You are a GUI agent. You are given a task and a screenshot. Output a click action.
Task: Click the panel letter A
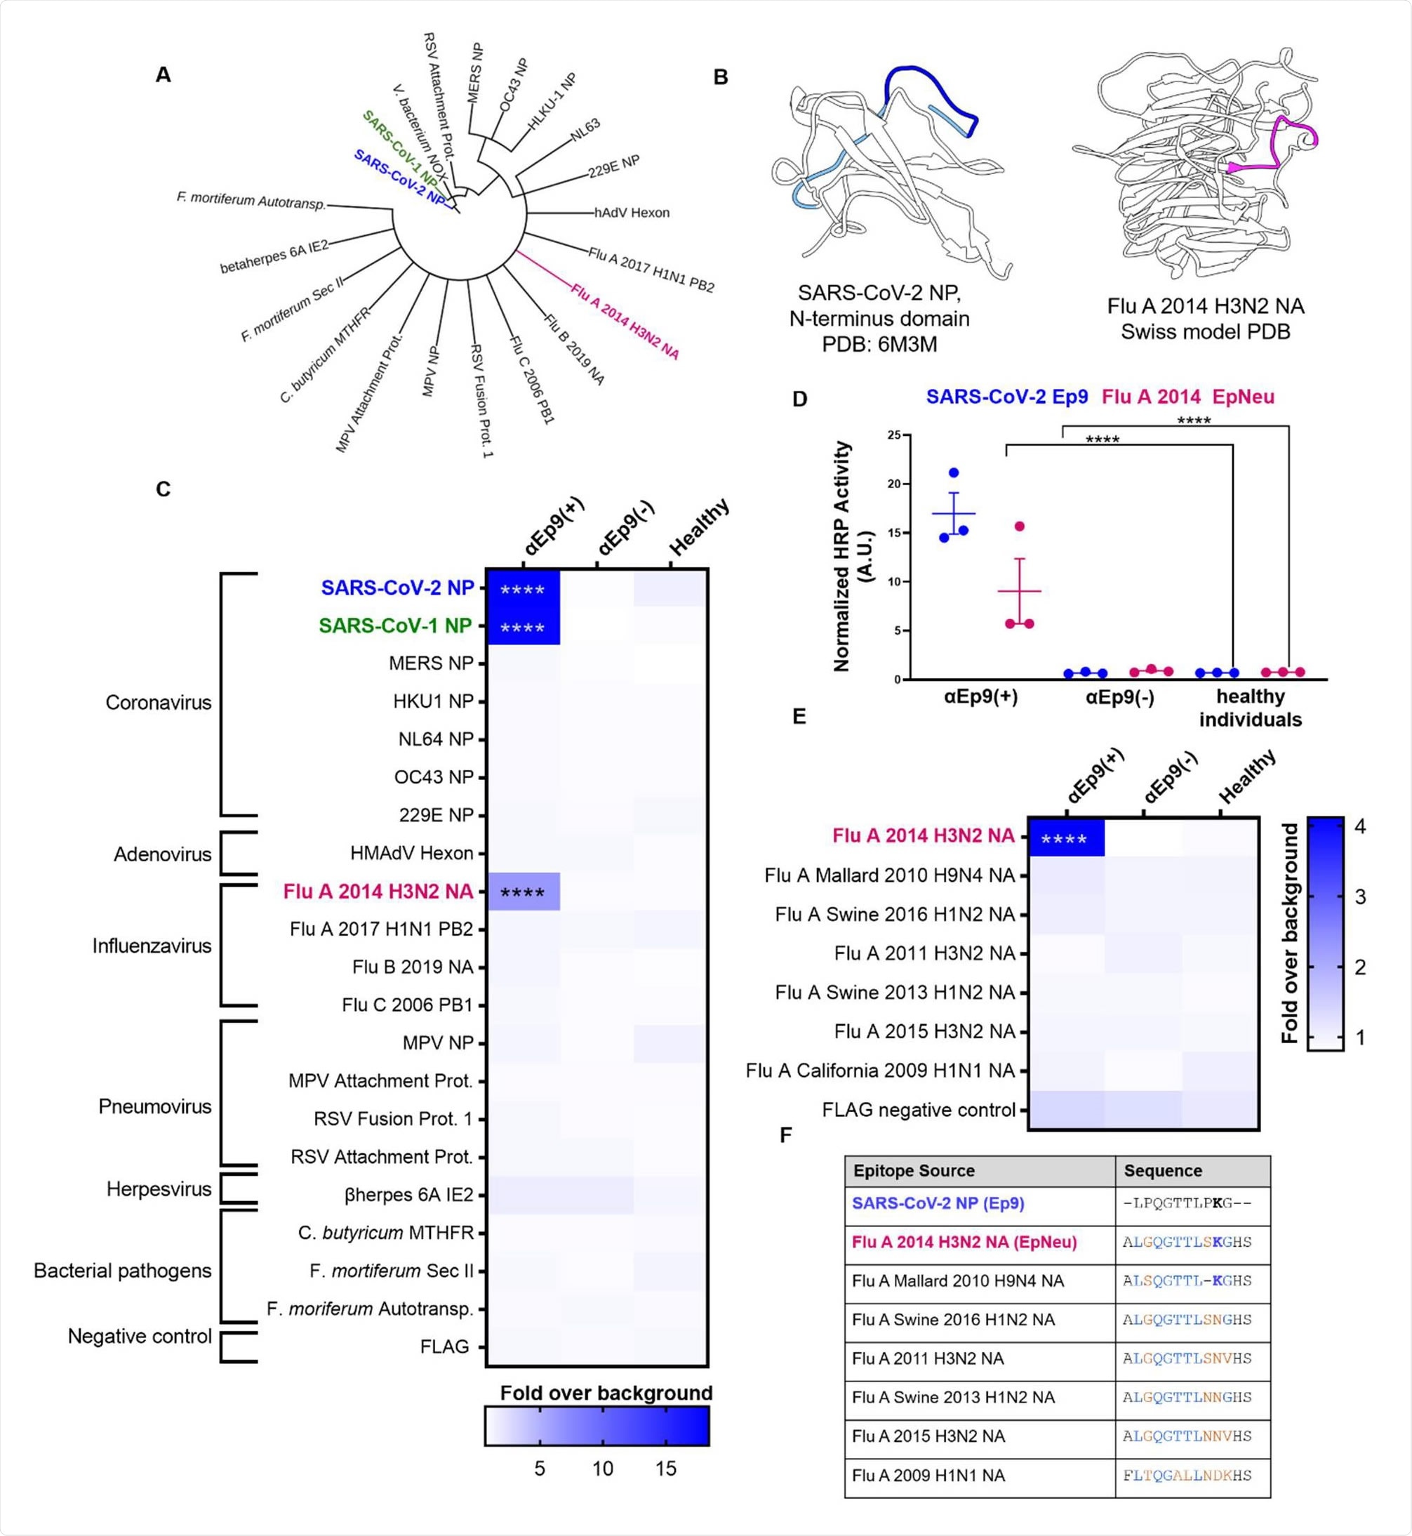point(163,75)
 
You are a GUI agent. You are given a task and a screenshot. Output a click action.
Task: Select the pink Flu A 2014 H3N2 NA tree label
point(625,321)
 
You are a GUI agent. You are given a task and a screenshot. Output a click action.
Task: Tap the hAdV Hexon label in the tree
point(631,213)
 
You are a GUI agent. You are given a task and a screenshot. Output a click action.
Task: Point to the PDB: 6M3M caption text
point(879,345)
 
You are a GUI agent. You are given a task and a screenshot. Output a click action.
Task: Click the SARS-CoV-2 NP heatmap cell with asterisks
point(523,589)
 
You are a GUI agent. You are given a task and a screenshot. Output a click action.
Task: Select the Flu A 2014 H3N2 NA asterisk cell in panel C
point(523,892)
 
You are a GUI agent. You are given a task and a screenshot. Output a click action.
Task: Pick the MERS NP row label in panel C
point(431,663)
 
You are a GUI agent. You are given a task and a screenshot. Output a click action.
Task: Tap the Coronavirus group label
point(158,703)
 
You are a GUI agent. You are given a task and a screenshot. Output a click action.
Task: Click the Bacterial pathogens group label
point(122,1271)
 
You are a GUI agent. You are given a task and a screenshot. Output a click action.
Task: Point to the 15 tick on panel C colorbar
point(665,1468)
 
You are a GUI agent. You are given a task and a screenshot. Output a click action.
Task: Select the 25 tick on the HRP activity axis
point(893,435)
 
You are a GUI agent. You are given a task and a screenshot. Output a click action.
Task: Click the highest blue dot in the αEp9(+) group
point(954,473)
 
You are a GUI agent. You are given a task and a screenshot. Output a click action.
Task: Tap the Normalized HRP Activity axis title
point(853,555)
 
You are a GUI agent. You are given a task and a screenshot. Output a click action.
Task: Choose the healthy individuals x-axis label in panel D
point(1250,708)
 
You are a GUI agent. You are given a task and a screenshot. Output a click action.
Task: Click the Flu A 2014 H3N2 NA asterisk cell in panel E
point(1065,839)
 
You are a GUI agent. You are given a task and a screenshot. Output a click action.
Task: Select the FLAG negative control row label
point(919,1110)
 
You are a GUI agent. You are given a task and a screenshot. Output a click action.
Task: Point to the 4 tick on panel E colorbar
point(1360,827)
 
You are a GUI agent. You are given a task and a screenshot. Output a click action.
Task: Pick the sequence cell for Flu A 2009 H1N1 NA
point(1187,1475)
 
